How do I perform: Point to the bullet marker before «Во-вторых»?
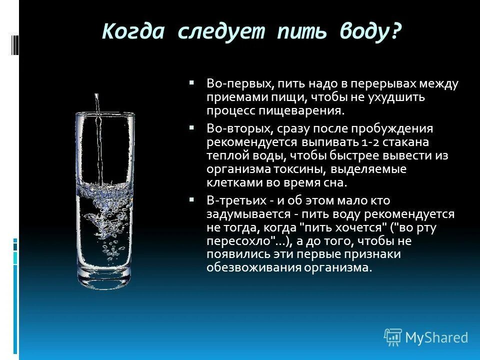(191, 128)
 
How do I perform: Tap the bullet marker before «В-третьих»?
(191, 199)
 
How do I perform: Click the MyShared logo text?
(436, 338)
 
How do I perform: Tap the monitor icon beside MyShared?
(393, 337)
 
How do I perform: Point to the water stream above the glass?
(96, 102)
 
